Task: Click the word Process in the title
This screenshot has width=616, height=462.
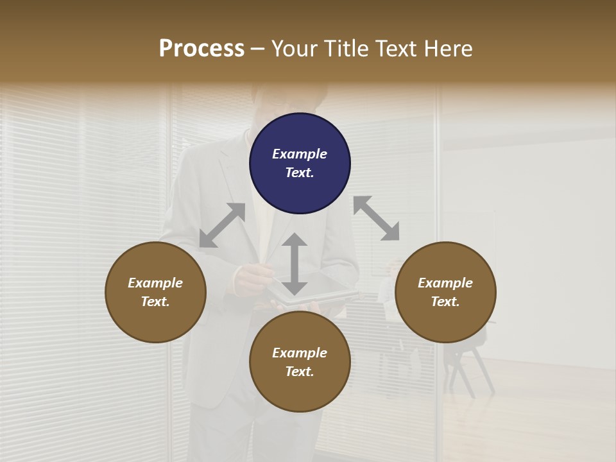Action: click(x=201, y=49)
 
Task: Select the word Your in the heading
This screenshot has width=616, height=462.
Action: click(x=293, y=49)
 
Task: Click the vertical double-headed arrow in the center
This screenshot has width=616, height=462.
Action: click(x=295, y=264)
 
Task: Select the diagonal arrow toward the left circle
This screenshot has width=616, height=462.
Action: click(x=223, y=225)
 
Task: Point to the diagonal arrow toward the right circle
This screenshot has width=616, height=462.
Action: click(x=376, y=218)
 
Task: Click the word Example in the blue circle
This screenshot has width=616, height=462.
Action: click(x=300, y=154)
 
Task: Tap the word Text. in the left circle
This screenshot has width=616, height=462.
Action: click(x=155, y=302)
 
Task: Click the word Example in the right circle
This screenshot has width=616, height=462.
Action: click(x=445, y=283)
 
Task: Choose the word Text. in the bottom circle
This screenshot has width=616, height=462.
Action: click(x=300, y=372)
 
